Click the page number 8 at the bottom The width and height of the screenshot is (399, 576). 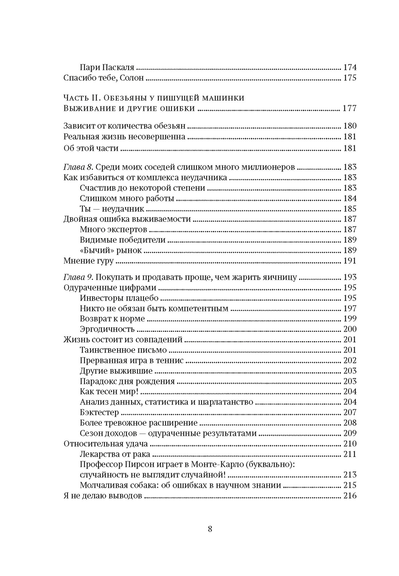(210, 528)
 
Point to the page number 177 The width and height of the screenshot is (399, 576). (349, 108)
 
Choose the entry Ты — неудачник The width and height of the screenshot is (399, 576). (112, 209)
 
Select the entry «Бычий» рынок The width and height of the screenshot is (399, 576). (111, 250)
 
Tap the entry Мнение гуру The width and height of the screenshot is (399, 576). (88, 261)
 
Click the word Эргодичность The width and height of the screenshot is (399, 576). (107, 329)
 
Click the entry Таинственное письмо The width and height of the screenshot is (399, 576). (123, 350)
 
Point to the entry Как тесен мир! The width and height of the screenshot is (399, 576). (109, 392)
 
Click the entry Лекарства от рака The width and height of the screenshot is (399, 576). (115, 454)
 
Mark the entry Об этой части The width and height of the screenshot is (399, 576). (91, 148)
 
